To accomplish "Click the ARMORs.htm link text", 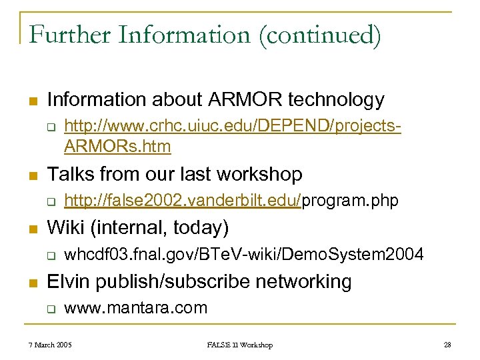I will [x=117, y=146].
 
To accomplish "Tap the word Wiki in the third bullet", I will [x=67, y=228].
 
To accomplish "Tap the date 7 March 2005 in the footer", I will [x=50, y=345].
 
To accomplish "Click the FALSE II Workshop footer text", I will [x=239, y=345].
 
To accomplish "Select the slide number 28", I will [x=447, y=345].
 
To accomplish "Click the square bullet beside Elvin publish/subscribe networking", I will [x=32, y=282].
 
